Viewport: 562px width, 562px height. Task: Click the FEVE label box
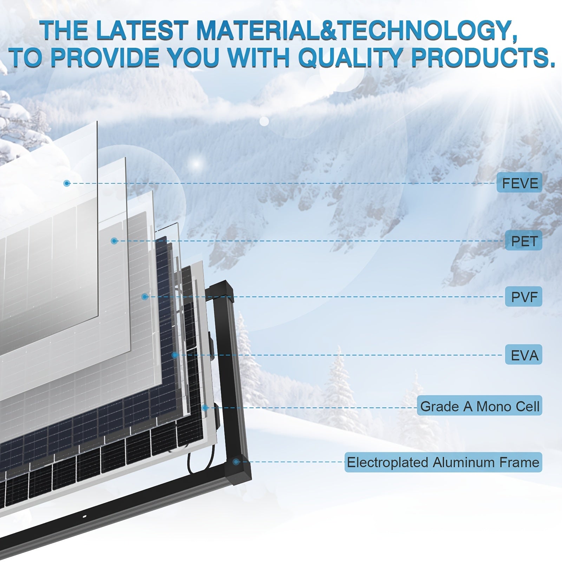(x=519, y=183)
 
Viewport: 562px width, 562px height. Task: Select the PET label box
(x=523, y=241)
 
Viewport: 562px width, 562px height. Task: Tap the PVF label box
(x=523, y=297)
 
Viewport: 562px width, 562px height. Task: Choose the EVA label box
(x=523, y=355)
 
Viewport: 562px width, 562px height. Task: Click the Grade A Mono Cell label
(x=479, y=406)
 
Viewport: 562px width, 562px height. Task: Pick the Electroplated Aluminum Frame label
(x=443, y=462)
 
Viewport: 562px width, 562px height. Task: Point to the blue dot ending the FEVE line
(x=67, y=183)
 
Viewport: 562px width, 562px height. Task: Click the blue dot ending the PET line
(x=114, y=241)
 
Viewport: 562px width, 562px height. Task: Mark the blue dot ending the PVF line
(x=145, y=297)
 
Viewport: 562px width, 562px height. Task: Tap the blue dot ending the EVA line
(x=175, y=355)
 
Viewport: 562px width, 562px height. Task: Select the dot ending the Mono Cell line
(x=205, y=407)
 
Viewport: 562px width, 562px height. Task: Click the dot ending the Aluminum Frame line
(x=236, y=462)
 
